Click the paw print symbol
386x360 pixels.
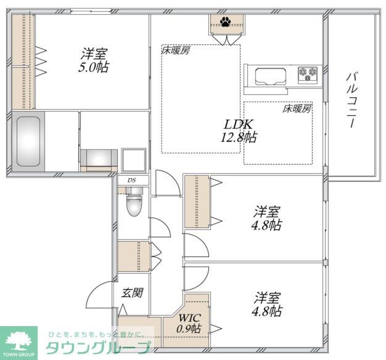pos(225,22)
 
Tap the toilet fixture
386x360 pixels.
pos(134,202)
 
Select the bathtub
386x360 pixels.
pos(28,142)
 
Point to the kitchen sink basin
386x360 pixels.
pos(271,76)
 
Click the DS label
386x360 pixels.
pos(131,180)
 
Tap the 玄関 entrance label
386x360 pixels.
pos(132,293)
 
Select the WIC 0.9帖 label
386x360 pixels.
pos(189,323)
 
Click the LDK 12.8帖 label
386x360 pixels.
pos(238,131)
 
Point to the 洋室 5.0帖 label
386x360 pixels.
pos(94,60)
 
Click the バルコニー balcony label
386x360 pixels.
pos(351,100)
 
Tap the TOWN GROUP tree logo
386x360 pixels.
pos(18,343)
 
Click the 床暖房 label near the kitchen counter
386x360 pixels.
pos(297,108)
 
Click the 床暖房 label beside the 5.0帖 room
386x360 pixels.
pos(176,51)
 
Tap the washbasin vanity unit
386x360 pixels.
pos(99,160)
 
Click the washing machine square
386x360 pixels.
pos(134,160)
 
